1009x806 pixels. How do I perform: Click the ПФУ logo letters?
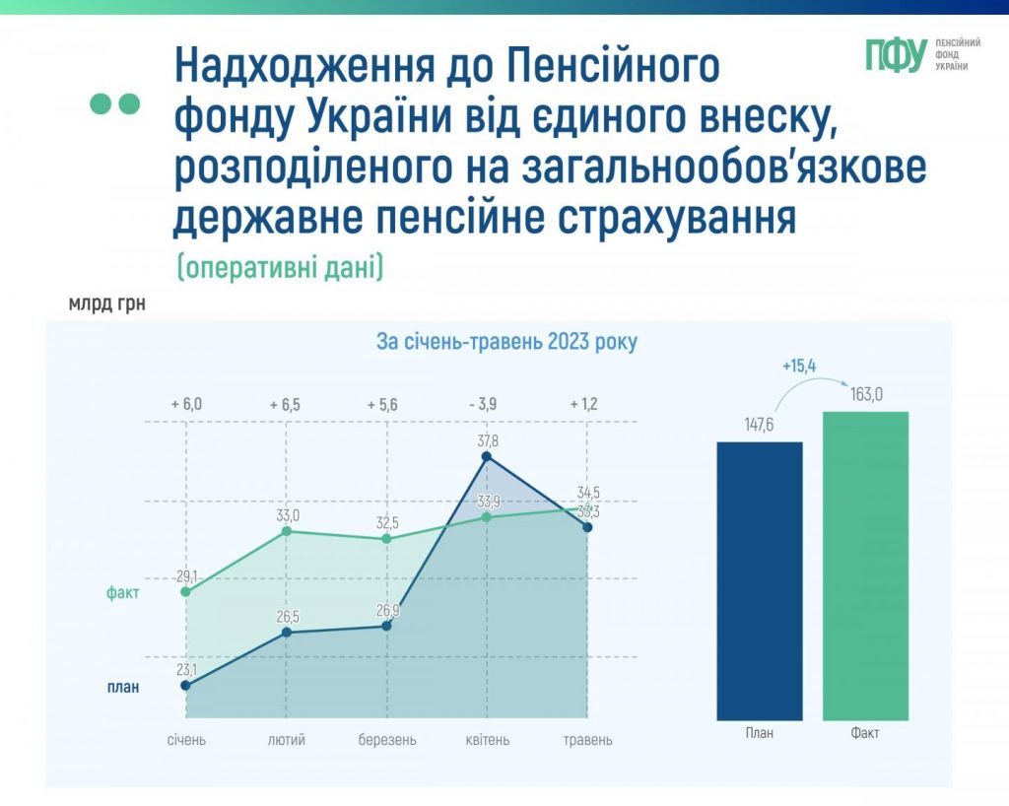(x=896, y=56)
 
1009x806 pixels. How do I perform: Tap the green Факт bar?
(x=864, y=566)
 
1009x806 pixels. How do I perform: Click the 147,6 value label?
(x=759, y=427)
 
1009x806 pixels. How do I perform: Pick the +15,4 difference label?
(x=799, y=367)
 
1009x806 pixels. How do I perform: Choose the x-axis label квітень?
(x=487, y=740)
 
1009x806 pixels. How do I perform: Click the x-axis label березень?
(x=387, y=740)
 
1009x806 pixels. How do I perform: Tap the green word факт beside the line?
(x=123, y=593)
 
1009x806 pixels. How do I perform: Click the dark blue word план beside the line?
(x=123, y=688)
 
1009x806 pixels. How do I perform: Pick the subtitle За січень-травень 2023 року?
(x=506, y=343)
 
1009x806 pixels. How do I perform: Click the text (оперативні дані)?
(x=279, y=267)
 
